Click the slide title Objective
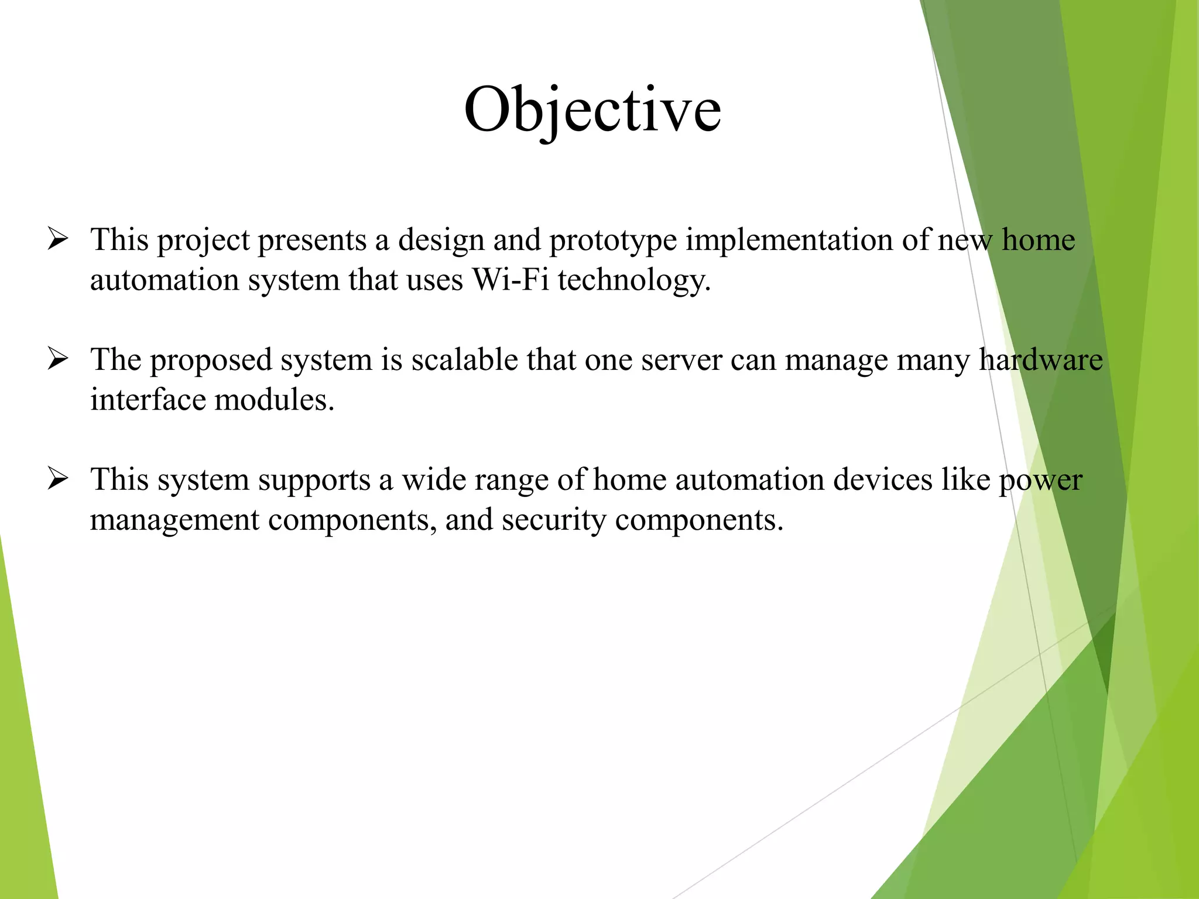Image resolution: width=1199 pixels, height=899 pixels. pyautogui.click(x=592, y=110)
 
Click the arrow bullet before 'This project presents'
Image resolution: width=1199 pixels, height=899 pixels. pyautogui.click(x=58, y=239)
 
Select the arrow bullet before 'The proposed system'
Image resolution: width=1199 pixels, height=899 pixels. pyautogui.click(x=58, y=359)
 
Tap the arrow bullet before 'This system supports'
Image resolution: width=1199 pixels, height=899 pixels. pyautogui.click(x=58, y=479)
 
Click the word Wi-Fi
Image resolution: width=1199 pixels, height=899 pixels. pyautogui.click(x=510, y=279)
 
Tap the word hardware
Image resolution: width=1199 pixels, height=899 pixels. pyautogui.click(x=1041, y=359)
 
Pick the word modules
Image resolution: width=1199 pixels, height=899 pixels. pyautogui.click(x=274, y=400)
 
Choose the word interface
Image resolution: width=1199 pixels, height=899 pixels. pyautogui.click(x=148, y=400)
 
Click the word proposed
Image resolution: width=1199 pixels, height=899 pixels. pyautogui.click(x=211, y=361)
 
